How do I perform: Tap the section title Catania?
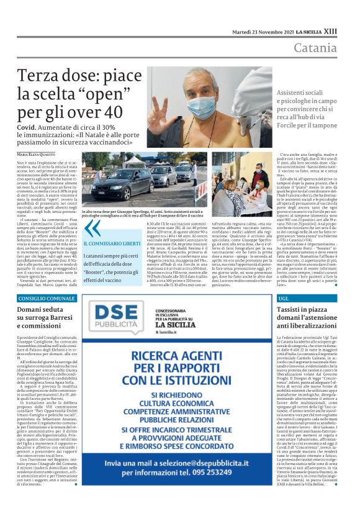[x=316, y=48]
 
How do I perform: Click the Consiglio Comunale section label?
[x=43, y=299]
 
